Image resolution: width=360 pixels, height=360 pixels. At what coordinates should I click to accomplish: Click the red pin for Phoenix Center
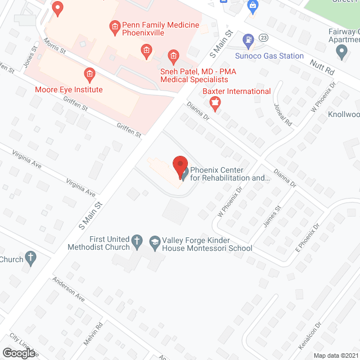(179, 166)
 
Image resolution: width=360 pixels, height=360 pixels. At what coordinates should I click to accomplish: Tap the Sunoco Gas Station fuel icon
(247, 40)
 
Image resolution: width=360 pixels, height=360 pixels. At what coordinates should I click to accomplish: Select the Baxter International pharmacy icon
(214, 102)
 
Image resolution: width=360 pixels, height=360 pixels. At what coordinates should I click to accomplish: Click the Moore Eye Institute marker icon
(88, 74)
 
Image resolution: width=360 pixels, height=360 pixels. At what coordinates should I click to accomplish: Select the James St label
(271, 217)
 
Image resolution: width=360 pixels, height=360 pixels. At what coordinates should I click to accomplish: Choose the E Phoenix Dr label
(308, 237)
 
